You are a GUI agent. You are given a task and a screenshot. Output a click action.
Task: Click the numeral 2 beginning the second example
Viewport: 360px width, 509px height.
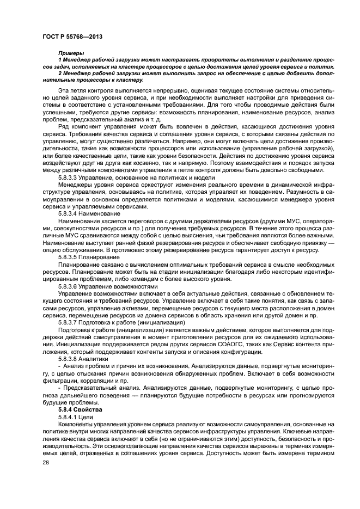click(x=60, y=71)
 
